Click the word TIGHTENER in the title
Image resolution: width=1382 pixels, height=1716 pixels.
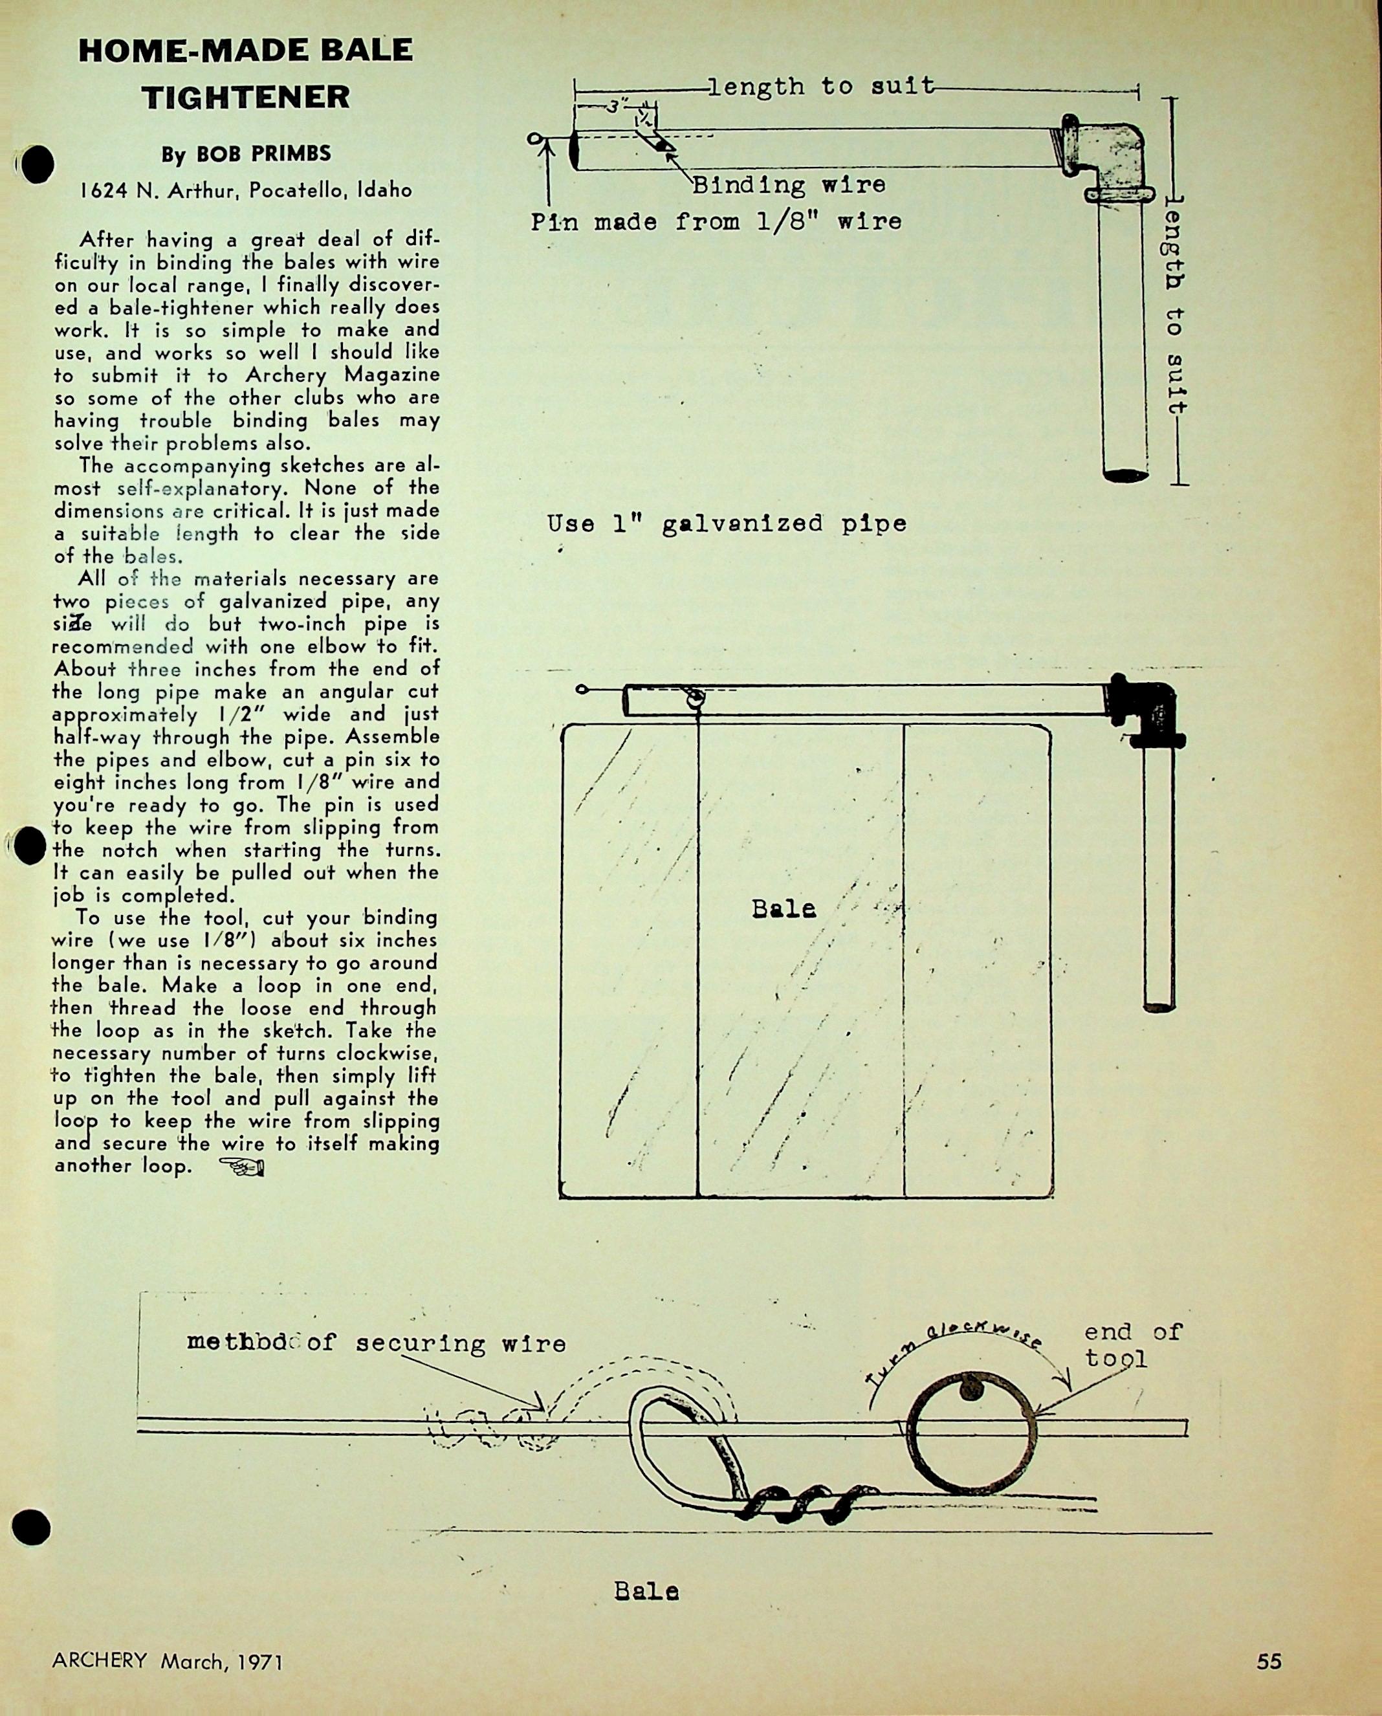(x=245, y=97)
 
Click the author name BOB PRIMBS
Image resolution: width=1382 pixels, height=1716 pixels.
(x=246, y=154)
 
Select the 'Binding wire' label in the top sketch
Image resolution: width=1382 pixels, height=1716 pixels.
(x=788, y=185)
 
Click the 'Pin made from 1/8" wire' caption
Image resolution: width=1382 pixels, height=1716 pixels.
(x=716, y=221)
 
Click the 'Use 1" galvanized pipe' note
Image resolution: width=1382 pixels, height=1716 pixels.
(x=726, y=524)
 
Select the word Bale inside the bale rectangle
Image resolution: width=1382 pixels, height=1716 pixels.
(x=784, y=909)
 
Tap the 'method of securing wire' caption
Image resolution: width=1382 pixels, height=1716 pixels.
(x=376, y=1343)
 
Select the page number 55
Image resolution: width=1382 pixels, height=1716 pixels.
(x=1269, y=1661)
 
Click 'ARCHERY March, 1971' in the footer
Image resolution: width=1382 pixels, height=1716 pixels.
(x=167, y=1661)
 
